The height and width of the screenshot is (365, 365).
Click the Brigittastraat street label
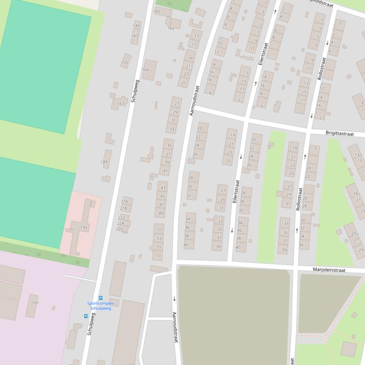(340, 134)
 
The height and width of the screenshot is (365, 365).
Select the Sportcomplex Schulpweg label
(101, 306)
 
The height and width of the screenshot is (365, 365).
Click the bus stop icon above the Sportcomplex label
(101, 298)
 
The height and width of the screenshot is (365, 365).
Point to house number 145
(136, 26)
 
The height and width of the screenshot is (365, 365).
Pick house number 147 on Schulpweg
(135, 36)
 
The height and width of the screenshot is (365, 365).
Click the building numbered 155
(124, 63)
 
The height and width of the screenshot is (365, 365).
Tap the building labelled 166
(145, 70)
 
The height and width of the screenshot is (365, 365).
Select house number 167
(121, 104)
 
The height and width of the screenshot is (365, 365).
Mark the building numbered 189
(104, 162)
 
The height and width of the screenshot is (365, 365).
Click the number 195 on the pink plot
(84, 228)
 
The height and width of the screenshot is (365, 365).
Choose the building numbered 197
(35, 302)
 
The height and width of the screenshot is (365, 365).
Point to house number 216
(124, 201)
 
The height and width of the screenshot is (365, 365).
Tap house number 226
(120, 229)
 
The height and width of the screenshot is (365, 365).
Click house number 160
(157, 11)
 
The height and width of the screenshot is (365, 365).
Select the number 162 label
(171, 28)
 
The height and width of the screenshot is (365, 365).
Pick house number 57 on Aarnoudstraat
(159, 256)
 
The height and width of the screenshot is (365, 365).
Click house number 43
(162, 188)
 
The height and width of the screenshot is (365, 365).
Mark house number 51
(159, 230)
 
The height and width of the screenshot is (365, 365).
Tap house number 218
(123, 208)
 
